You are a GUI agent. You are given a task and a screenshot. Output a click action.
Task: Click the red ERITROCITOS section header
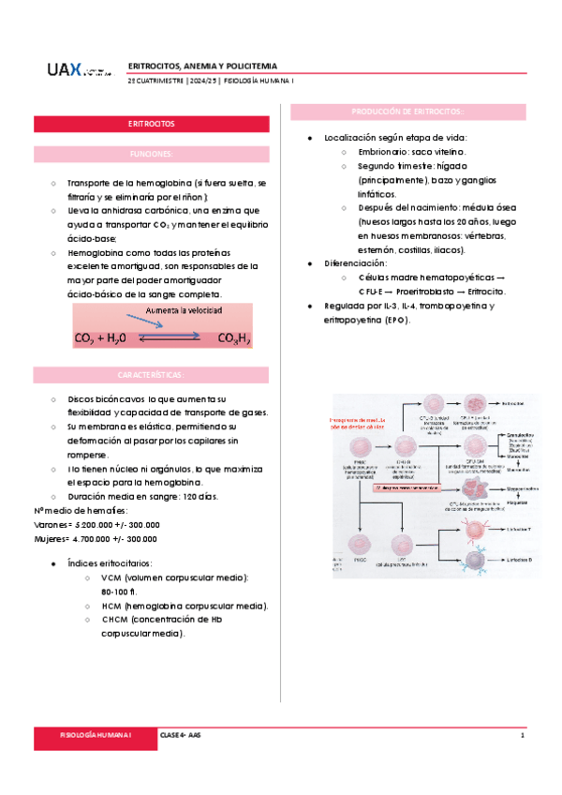click(x=151, y=124)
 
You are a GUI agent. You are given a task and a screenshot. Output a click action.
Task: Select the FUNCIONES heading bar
click(x=151, y=153)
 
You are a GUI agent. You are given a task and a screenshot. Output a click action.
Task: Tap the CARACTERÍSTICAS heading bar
click(x=151, y=374)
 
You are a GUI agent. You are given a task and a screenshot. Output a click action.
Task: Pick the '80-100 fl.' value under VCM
click(x=120, y=592)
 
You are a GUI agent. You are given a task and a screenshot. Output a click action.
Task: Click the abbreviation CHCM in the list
click(x=114, y=620)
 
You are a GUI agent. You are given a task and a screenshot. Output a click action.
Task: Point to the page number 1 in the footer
click(x=521, y=737)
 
